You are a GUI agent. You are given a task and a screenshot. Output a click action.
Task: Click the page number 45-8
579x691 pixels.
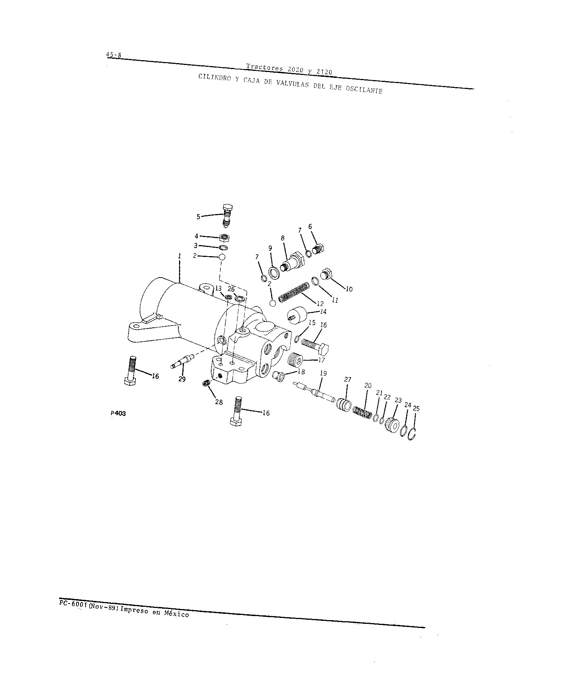[113, 55]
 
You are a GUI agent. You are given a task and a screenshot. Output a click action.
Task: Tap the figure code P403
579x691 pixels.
[118, 413]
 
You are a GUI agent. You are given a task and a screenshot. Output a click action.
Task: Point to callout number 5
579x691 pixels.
[198, 217]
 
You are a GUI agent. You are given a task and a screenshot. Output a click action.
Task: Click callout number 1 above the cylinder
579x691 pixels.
[179, 255]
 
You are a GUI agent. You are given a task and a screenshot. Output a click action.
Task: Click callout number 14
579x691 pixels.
[323, 312]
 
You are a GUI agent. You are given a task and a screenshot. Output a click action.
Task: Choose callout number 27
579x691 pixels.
[347, 379]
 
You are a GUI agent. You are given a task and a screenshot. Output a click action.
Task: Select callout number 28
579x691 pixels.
[219, 402]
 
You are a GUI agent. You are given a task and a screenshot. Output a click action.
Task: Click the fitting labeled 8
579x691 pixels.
[293, 261]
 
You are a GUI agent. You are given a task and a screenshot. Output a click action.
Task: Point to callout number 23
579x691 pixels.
[398, 400]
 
